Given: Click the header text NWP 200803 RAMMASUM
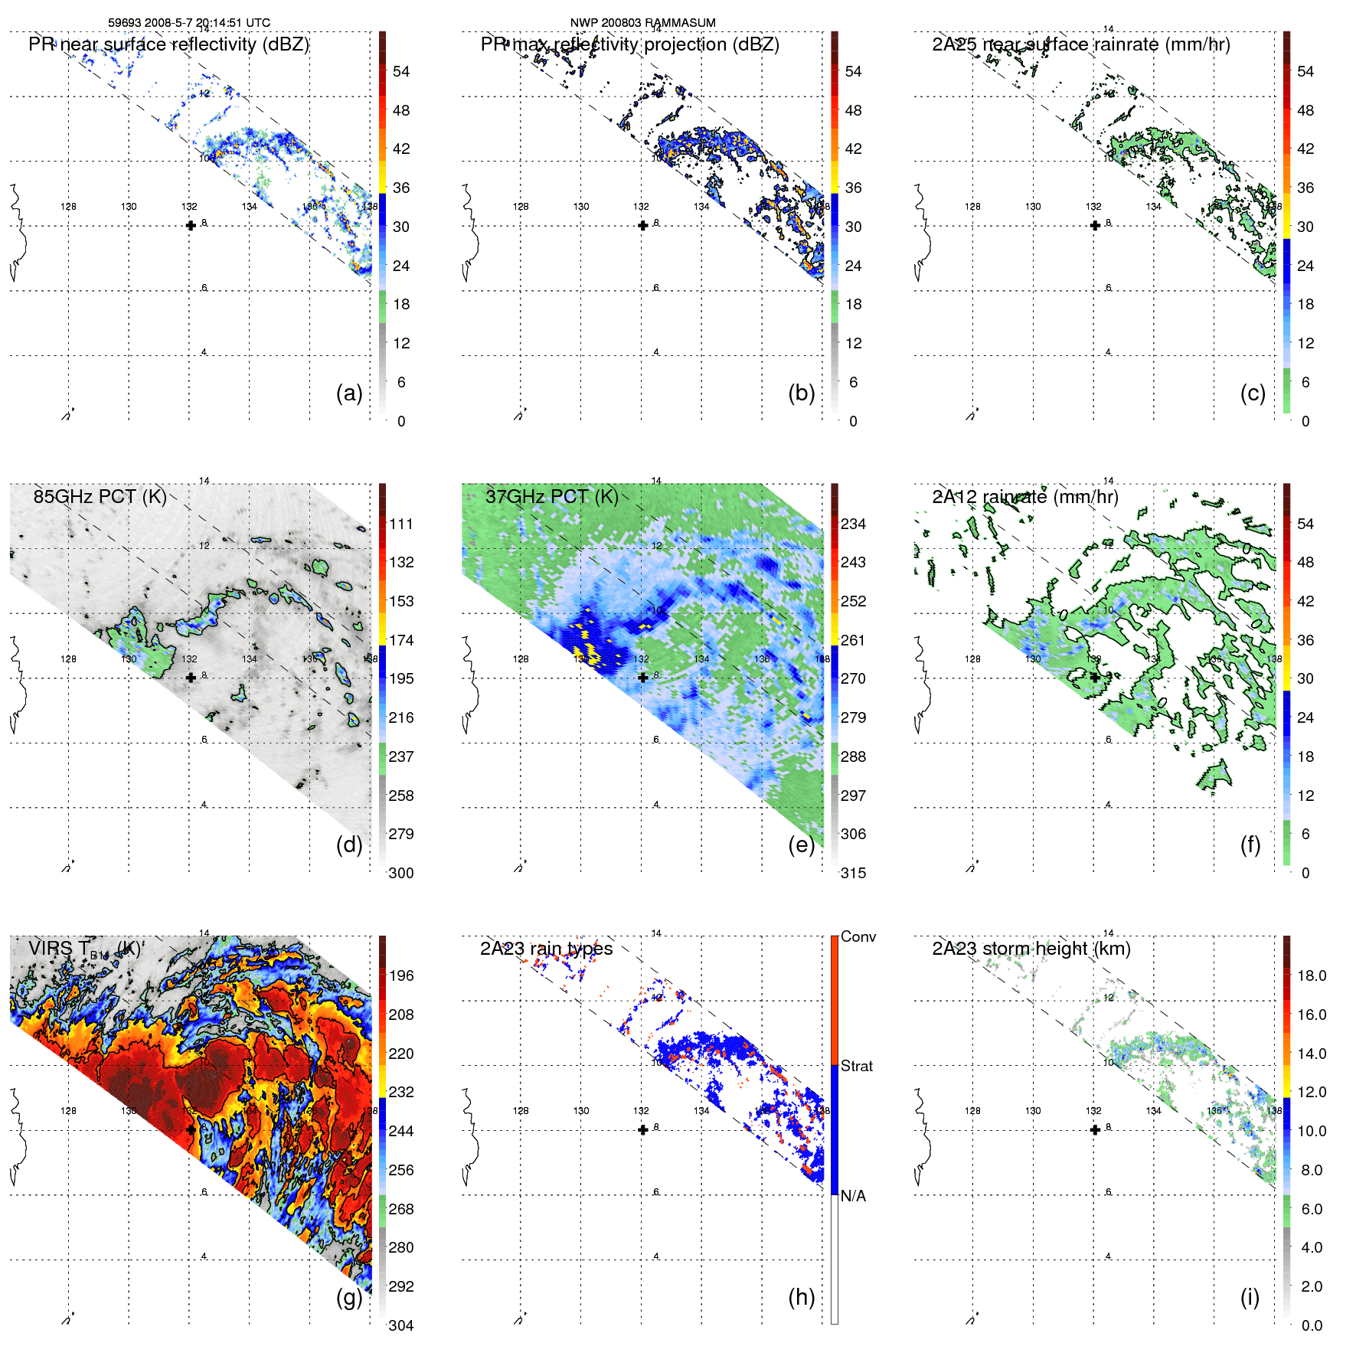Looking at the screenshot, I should tap(642, 23).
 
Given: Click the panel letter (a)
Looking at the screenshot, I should tap(349, 393).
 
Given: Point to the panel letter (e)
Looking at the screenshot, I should tap(801, 845).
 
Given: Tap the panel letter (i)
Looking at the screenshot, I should tap(1250, 1297).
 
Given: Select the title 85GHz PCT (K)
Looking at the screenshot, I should tap(100, 496).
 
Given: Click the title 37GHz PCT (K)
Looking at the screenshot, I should tap(551, 496).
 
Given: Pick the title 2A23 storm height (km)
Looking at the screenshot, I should tap(1031, 949).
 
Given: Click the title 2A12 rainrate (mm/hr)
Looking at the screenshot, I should tap(1024, 496).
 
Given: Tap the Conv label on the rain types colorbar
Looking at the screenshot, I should tap(858, 936).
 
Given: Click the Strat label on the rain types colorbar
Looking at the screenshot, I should tap(857, 1066).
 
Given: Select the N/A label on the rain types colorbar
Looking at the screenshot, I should tap(853, 1196).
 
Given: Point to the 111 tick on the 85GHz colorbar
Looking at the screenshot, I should tap(401, 524).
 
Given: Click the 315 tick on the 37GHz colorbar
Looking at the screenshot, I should tap(853, 873).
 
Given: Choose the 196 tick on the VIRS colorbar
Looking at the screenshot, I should tap(401, 975).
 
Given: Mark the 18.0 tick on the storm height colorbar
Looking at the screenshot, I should tap(1312, 975).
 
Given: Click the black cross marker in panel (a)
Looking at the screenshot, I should tap(191, 225).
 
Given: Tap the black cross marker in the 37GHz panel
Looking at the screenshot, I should tap(643, 678).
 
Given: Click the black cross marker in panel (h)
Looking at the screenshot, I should tap(643, 1129).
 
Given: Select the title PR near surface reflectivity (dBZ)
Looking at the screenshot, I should tap(168, 44).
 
